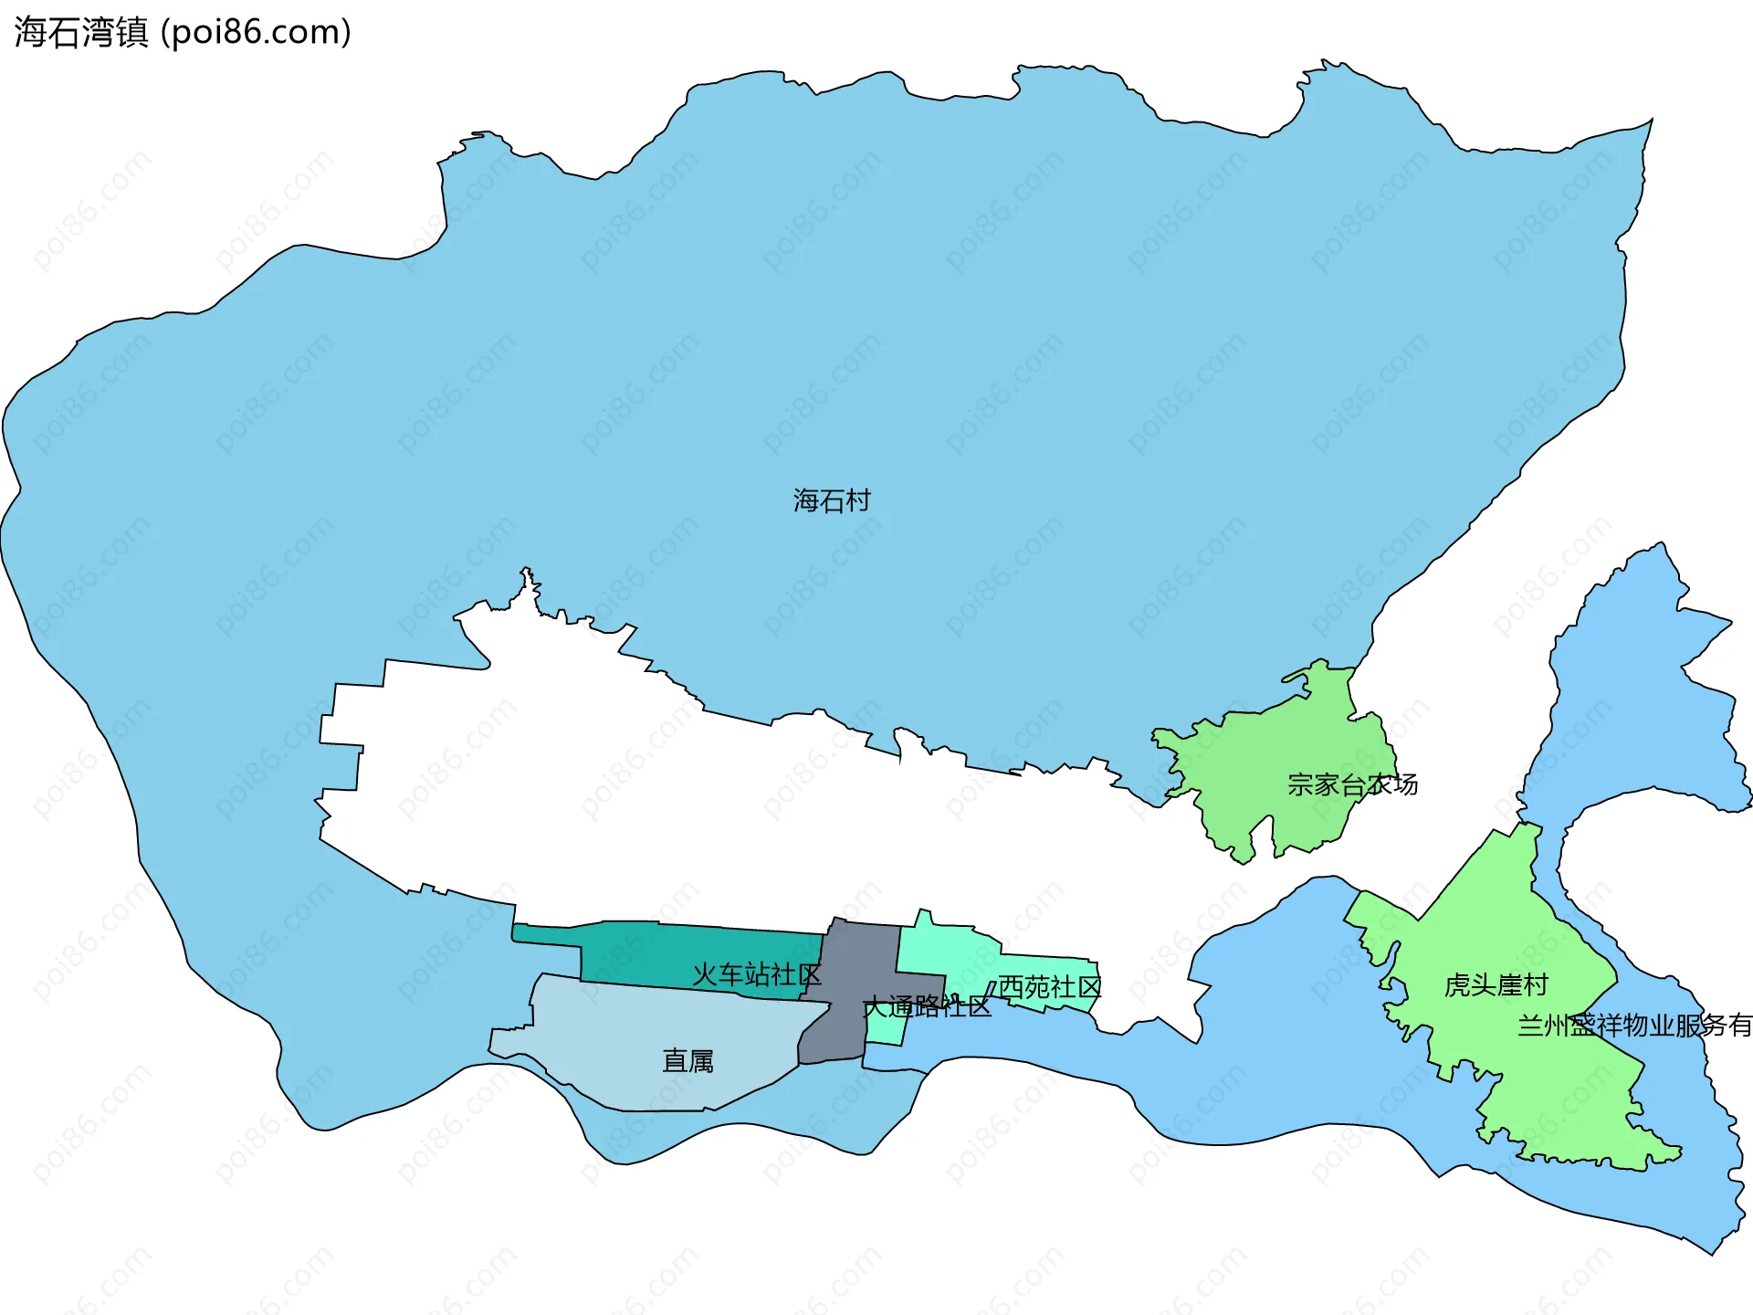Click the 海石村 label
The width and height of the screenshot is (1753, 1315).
click(x=832, y=500)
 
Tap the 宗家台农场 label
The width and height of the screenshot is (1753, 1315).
click(x=1352, y=784)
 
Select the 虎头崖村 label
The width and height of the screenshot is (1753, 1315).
click(x=1496, y=985)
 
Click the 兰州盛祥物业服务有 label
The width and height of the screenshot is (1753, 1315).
click(x=1634, y=1026)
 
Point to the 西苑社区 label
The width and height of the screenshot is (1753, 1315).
click(x=1050, y=987)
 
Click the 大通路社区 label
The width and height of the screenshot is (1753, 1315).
click(x=927, y=1007)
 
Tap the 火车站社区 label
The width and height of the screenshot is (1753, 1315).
click(x=757, y=974)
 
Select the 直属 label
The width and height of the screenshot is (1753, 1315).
click(x=688, y=1061)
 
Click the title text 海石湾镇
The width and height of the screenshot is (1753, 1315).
click(x=81, y=33)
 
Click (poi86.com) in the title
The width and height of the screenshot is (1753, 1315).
click(x=256, y=33)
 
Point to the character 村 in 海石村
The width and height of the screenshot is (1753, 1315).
click(x=858, y=500)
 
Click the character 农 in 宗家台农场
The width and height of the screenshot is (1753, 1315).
click(x=1379, y=784)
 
